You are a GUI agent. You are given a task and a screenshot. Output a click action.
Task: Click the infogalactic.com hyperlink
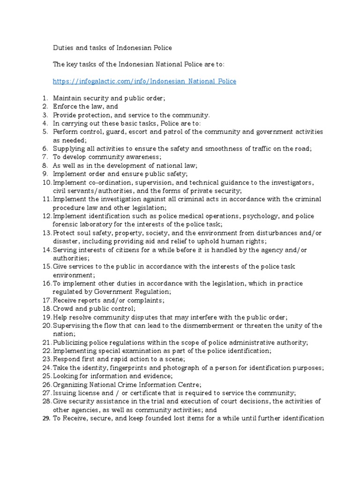(x=144, y=82)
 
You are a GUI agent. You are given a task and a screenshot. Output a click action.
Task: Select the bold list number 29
(x=46, y=418)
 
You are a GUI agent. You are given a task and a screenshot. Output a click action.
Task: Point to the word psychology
(x=258, y=216)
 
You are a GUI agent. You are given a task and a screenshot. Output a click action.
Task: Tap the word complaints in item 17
(x=141, y=300)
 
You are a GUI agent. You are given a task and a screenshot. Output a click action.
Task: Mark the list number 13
(x=46, y=233)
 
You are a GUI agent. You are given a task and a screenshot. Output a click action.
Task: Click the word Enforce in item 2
(x=65, y=106)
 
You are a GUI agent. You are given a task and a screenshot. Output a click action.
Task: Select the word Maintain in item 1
(x=67, y=98)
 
